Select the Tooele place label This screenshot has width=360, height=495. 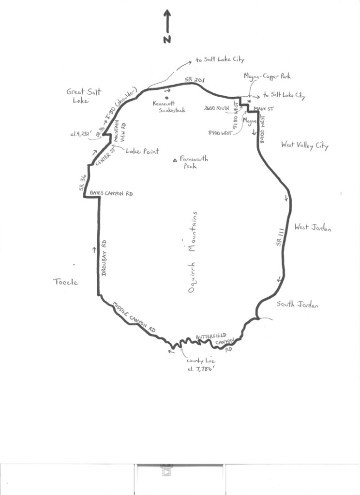pyautogui.click(x=65, y=282)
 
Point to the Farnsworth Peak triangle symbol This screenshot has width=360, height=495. pyautogui.click(x=175, y=160)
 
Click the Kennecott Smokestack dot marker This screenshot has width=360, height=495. pyautogui.click(x=167, y=97)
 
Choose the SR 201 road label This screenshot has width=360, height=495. pyautogui.click(x=193, y=80)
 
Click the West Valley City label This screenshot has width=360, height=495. pyautogui.click(x=304, y=145)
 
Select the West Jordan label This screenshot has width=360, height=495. pyautogui.click(x=312, y=228)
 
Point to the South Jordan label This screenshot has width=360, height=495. pyautogui.click(x=297, y=305)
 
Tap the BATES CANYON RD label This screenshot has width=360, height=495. pyautogui.click(x=111, y=193)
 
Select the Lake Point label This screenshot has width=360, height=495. pyautogui.click(x=142, y=151)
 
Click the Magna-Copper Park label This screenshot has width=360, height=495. pyautogui.click(x=268, y=76)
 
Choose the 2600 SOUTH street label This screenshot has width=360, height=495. pyautogui.click(x=216, y=108)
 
